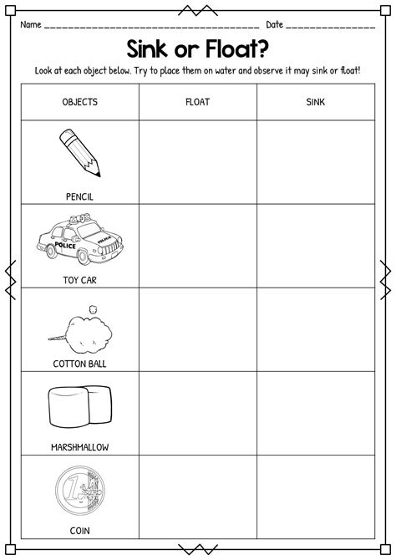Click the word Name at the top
click(x=31, y=24)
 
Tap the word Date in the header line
click(x=276, y=24)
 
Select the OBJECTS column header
click(x=80, y=102)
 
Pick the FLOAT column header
click(x=197, y=102)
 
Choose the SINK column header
click(x=315, y=102)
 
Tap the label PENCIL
click(x=80, y=196)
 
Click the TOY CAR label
click(x=80, y=280)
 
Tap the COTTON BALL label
click(x=80, y=364)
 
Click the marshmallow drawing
click(x=80, y=409)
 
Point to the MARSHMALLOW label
click(x=80, y=447)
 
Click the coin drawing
click(x=80, y=492)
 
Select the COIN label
click(x=80, y=530)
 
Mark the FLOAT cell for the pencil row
click(x=197, y=162)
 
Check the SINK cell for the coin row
click(x=315, y=496)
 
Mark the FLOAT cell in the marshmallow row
click(x=197, y=413)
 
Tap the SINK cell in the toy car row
click(x=315, y=246)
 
